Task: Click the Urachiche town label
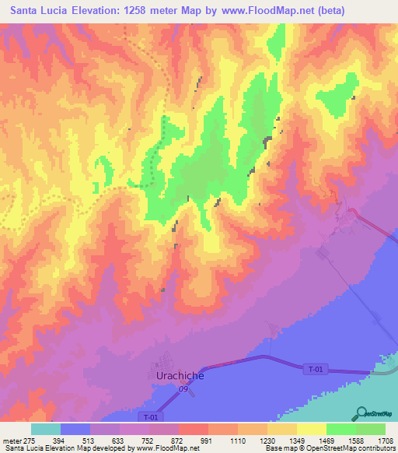(x=176, y=376)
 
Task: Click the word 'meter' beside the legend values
(x=12, y=441)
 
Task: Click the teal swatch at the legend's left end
(x=46, y=429)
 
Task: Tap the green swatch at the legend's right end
(x=371, y=429)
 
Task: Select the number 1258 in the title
(x=146, y=10)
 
